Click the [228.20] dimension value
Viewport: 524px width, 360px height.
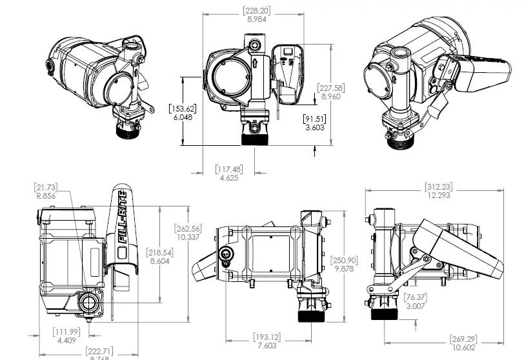click(x=257, y=10)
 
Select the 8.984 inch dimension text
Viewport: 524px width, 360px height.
click(x=257, y=19)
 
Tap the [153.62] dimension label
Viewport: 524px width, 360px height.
click(x=182, y=108)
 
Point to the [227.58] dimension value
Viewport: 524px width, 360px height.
click(x=330, y=88)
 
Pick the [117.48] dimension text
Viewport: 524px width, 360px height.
click(x=228, y=169)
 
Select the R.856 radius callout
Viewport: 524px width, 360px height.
click(x=46, y=195)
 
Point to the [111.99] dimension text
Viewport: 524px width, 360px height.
click(x=66, y=332)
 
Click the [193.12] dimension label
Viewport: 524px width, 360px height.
click(x=266, y=337)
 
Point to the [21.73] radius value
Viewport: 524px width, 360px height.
click(x=46, y=186)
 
